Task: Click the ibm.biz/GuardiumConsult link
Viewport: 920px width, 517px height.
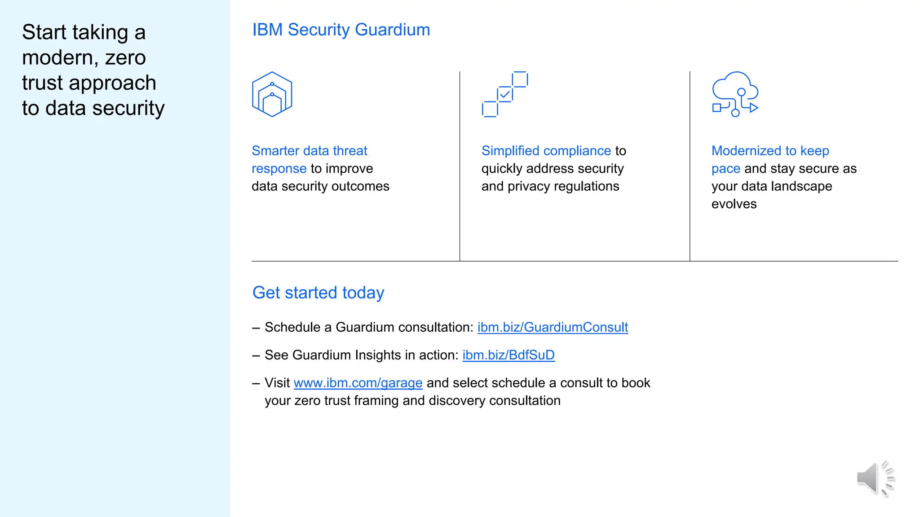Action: point(553,327)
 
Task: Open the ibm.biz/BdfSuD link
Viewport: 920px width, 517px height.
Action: point(509,355)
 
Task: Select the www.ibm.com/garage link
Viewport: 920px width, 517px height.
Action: point(358,383)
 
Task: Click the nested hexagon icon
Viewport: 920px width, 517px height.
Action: point(272,94)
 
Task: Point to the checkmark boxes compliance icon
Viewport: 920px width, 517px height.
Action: point(505,94)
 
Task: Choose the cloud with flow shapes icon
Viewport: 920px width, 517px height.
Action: point(735,94)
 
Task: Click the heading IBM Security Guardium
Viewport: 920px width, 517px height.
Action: point(341,30)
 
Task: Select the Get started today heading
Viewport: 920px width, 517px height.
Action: point(318,293)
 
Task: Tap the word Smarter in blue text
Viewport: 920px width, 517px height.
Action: point(275,151)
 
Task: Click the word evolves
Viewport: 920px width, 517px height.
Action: point(734,204)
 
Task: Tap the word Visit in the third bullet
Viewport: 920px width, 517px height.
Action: point(277,383)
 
